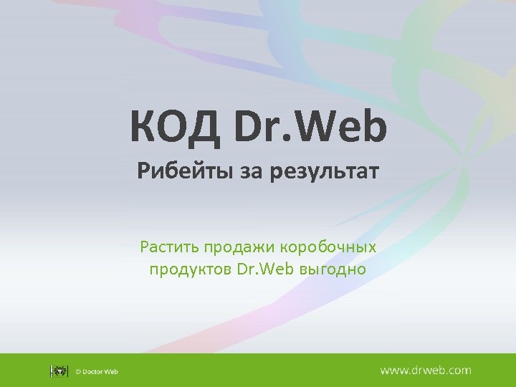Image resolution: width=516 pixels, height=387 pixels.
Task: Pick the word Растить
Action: (x=169, y=248)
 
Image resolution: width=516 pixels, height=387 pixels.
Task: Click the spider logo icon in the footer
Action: (x=59, y=371)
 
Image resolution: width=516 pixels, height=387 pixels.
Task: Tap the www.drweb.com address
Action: (x=425, y=371)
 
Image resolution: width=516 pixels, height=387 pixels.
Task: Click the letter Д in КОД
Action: (x=203, y=125)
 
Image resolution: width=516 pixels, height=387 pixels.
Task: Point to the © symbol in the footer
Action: (x=79, y=371)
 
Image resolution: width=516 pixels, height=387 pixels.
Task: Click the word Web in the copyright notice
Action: (x=112, y=371)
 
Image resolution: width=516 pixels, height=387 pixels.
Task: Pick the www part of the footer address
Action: (x=393, y=371)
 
